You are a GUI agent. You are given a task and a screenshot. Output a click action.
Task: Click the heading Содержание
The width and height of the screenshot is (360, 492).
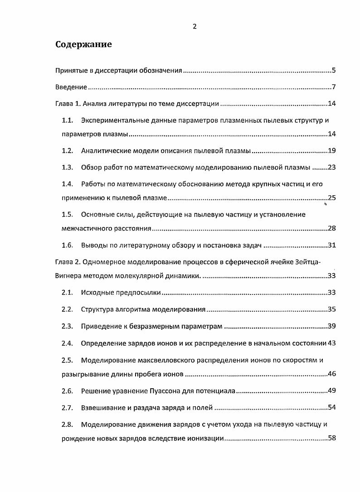coord(83,45)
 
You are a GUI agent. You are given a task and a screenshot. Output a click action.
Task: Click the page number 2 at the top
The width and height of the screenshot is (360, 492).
coord(195,26)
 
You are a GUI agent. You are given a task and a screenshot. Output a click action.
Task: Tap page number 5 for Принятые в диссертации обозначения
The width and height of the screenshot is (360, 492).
coord(333,70)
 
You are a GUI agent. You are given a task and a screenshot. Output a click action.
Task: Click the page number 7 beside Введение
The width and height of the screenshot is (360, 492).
coord(333,87)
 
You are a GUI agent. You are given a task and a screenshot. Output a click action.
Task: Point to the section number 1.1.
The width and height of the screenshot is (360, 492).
coord(68,121)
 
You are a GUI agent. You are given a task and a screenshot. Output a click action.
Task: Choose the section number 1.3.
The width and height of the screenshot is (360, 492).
coord(68,167)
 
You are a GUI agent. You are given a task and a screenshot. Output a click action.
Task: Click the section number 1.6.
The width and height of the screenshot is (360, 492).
coord(68,246)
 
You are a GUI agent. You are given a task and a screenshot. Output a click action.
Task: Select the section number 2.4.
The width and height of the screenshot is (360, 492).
coord(68,343)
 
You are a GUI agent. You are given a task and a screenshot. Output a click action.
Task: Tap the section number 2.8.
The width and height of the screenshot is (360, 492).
coord(68,424)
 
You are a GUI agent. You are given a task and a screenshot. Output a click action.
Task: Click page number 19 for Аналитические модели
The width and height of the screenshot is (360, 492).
coord(331,150)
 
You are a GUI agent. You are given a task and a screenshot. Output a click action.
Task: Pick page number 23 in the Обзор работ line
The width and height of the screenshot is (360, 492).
coord(331,167)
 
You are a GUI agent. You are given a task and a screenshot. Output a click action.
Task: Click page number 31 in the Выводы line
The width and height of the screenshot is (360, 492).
coord(331,246)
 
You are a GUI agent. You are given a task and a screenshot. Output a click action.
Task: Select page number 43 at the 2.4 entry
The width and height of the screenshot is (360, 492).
coord(331,343)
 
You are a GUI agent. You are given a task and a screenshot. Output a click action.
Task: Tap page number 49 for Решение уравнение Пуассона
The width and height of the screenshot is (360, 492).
coord(331,391)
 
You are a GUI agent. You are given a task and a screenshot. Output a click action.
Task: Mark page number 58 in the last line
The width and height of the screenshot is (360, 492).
coord(331,439)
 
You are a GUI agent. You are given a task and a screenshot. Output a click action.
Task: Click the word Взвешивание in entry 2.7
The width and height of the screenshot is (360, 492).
coord(103,408)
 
